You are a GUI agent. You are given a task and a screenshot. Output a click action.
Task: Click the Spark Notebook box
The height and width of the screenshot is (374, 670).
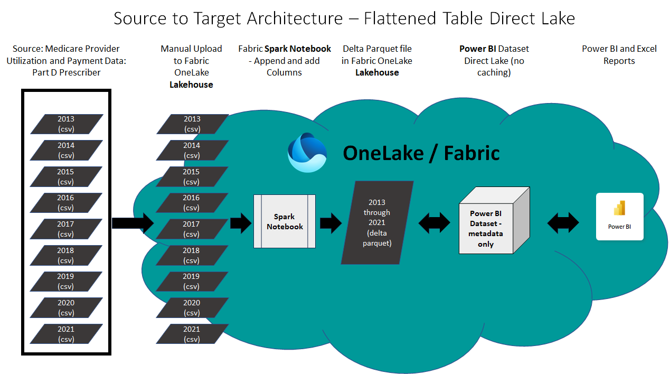[x=285, y=221]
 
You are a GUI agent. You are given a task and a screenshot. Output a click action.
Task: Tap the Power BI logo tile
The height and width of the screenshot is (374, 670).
[x=619, y=217]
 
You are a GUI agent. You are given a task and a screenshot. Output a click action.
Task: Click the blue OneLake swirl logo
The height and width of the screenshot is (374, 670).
[x=307, y=153]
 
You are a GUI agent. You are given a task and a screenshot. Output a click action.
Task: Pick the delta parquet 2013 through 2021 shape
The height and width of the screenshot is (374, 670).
[x=377, y=222]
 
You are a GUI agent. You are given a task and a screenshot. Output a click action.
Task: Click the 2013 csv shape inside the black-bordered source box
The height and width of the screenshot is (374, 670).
[x=66, y=124]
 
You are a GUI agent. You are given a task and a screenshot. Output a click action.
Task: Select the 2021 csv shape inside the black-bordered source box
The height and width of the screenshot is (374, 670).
[x=66, y=334]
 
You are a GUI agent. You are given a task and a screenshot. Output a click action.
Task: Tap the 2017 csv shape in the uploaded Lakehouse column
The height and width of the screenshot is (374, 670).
[x=192, y=229]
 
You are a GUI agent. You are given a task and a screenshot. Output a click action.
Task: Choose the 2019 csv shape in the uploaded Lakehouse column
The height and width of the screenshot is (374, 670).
[x=192, y=281]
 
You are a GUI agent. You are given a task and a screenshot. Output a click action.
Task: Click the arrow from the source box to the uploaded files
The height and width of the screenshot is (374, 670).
[x=133, y=223]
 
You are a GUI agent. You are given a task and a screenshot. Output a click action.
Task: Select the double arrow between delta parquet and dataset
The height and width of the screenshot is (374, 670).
[x=435, y=223]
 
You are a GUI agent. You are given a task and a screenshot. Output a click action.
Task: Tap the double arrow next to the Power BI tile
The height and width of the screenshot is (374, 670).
[x=563, y=223]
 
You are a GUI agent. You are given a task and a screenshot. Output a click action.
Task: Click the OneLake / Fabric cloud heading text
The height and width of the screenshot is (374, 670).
[x=421, y=153]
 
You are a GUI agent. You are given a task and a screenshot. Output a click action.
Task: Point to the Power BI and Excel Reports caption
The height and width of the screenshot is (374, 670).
[x=619, y=55]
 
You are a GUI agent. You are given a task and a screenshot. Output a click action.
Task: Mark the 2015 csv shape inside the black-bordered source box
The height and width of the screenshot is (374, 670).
[x=66, y=176]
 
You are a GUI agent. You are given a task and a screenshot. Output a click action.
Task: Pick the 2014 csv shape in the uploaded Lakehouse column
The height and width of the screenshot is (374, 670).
[x=192, y=150]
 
